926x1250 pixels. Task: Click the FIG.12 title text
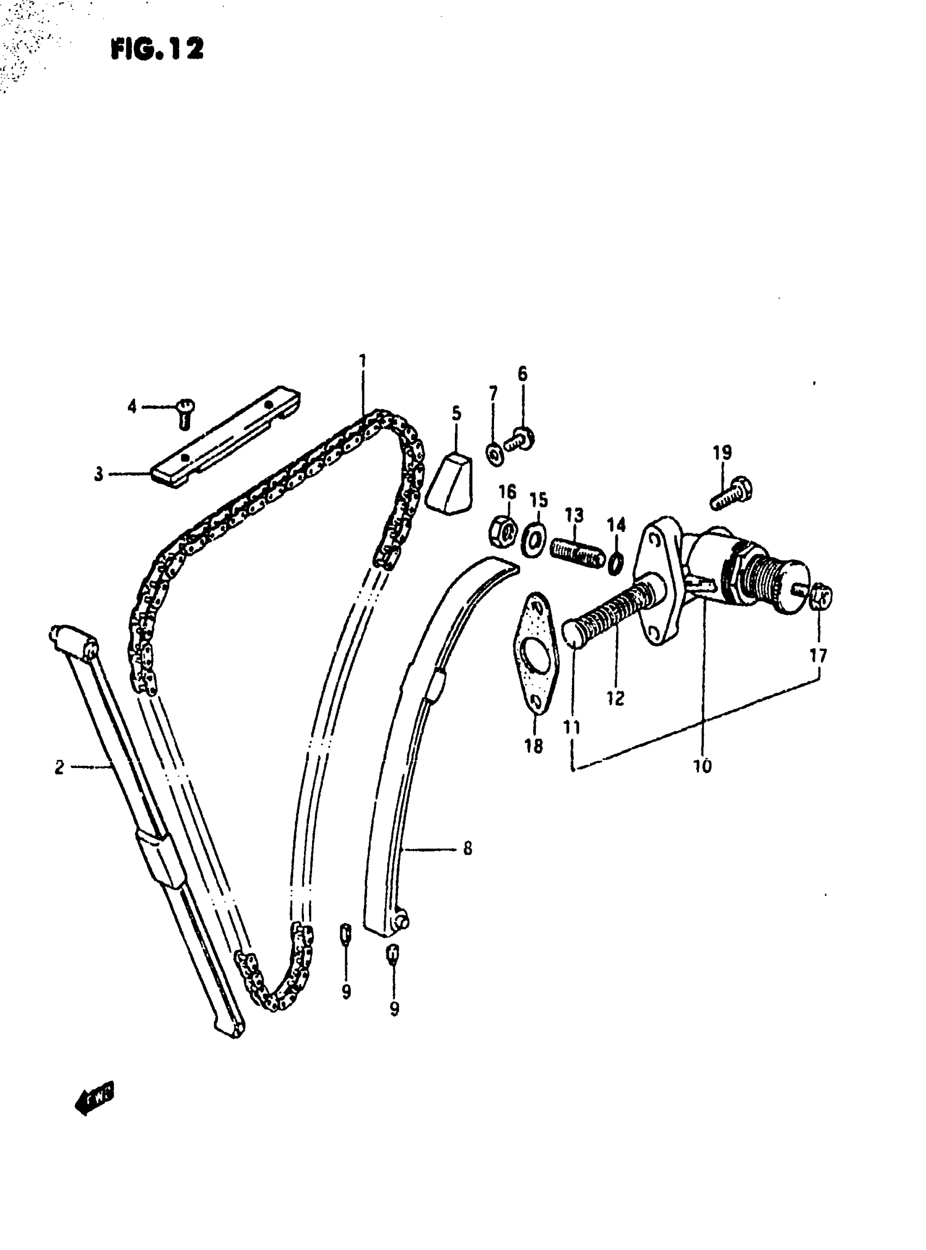[x=157, y=50]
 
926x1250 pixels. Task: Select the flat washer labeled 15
[x=534, y=540]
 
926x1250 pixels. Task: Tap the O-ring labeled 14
[x=616, y=563]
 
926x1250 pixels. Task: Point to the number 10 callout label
[x=702, y=766]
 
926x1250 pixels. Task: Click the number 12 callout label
[x=616, y=698]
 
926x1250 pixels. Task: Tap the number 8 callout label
[x=467, y=849]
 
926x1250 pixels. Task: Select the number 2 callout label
[x=60, y=767]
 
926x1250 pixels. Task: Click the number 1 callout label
[x=363, y=361]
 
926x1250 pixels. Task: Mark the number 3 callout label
[x=99, y=474]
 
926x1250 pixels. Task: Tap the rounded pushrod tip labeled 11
[x=572, y=634]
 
